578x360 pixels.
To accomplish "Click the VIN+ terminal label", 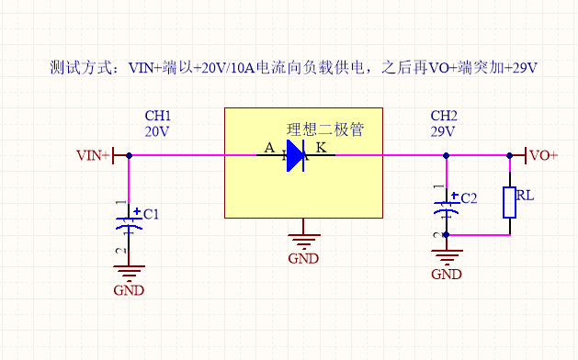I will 93,156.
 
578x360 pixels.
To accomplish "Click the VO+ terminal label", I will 543,155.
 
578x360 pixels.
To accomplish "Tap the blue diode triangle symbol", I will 294,156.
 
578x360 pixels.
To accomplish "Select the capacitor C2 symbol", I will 447,207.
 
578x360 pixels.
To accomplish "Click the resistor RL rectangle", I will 509,202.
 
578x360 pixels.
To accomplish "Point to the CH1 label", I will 158,116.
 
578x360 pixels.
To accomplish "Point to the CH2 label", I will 444,116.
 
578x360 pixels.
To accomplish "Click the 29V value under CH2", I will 444,131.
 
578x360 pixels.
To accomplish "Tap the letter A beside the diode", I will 269,148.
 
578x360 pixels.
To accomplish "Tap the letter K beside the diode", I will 321,148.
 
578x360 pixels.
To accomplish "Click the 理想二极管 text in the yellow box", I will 324,129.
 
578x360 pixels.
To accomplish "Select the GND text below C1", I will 129,290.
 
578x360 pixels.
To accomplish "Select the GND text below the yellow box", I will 303,258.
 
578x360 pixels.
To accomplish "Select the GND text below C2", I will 447,274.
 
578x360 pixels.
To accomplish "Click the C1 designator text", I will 151,214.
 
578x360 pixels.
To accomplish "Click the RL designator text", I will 525,196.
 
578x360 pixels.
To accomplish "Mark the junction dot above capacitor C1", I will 129,156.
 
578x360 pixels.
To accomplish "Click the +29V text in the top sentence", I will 520,69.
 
